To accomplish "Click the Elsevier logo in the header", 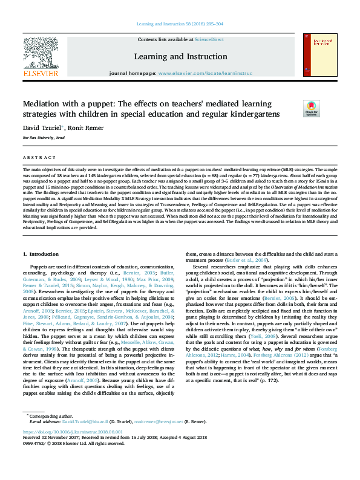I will pyautogui.click(x=41, y=58).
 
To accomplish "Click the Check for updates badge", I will pyautogui.click(x=311, y=108).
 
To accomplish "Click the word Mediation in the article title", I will pyautogui.click(x=43, y=103).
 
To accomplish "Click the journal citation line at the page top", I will pyautogui.click(x=180, y=24).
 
